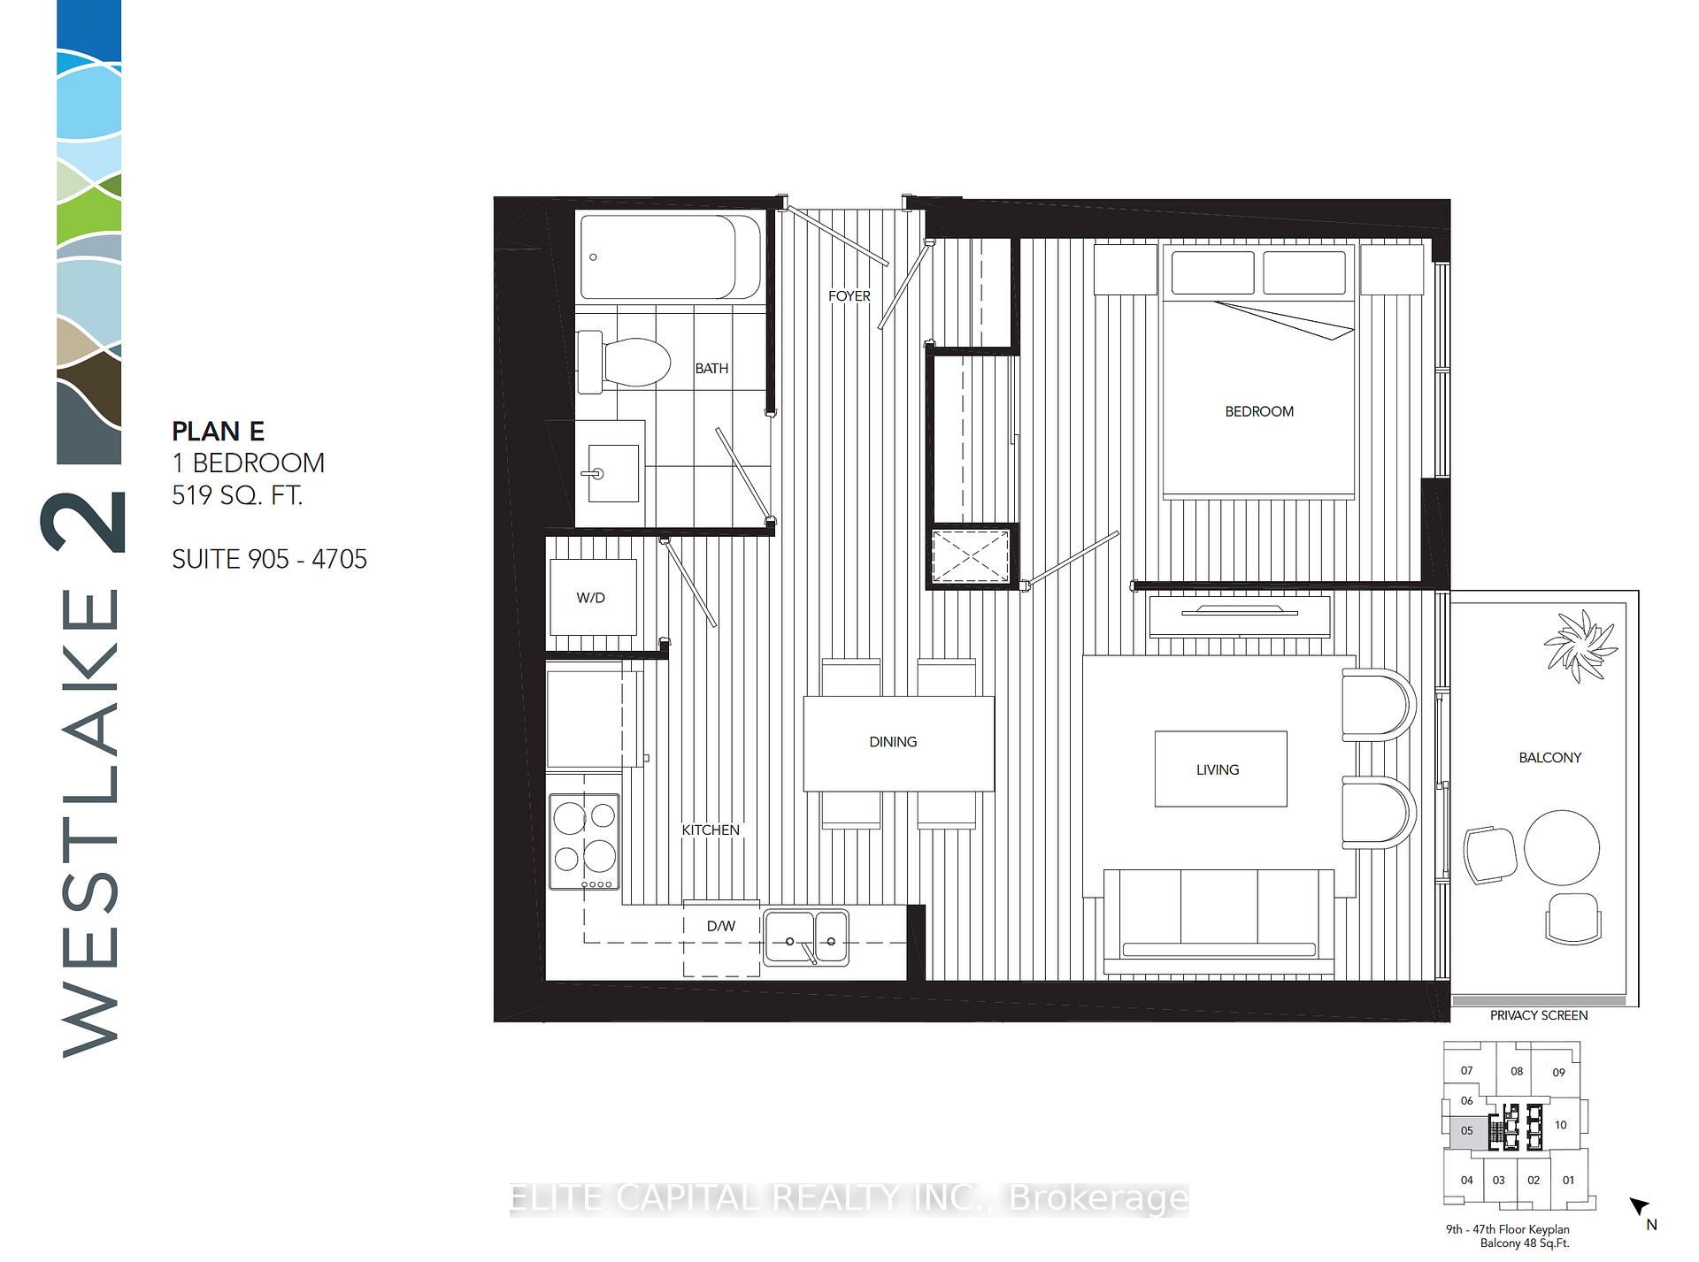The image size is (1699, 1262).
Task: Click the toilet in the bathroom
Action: pos(623,362)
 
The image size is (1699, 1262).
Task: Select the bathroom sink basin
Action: pos(612,473)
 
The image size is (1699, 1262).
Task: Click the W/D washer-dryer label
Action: pos(590,598)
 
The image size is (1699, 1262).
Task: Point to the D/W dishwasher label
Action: pos(721,926)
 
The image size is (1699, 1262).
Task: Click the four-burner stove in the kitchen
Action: pos(584,841)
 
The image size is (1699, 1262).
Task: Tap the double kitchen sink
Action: pos(806,937)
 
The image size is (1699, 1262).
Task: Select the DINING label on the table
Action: pos(893,742)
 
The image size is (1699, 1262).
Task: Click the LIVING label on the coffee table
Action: pos(1218,769)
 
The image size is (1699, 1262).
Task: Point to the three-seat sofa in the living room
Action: pos(1219,921)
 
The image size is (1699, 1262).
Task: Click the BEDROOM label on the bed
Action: pos(1259,411)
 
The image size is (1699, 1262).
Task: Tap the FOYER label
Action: pos(849,296)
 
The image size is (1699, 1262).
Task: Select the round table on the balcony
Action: pos(1562,847)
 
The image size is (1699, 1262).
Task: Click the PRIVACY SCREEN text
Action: pos(1539,1015)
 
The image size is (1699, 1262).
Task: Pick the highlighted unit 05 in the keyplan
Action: pos(1466,1131)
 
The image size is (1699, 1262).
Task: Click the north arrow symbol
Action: pos(1640,1205)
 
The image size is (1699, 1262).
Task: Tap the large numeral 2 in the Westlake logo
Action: pos(83,522)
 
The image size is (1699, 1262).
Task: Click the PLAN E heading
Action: pos(218,432)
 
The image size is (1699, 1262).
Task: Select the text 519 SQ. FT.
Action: pos(237,494)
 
